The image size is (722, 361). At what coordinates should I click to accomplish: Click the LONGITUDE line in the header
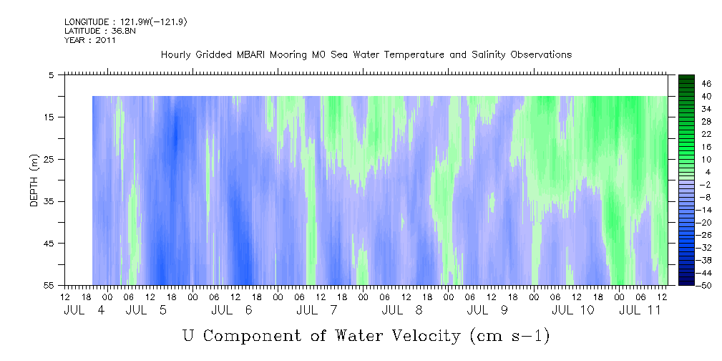point(126,22)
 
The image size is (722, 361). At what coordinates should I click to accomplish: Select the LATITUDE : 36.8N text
point(100,31)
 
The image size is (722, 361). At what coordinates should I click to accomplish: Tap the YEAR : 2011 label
point(90,40)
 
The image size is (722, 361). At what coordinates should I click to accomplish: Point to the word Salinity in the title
point(488,55)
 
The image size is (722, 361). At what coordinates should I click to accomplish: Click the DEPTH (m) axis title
point(34,180)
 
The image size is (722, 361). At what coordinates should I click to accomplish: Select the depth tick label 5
point(51,74)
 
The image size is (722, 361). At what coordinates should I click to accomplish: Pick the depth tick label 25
point(48,160)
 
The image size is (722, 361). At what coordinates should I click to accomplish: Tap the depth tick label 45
point(48,244)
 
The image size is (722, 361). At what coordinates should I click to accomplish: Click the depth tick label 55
point(48,285)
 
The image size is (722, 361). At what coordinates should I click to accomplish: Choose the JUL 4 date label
point(84,310)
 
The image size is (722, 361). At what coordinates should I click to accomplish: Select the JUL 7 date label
point(318,310)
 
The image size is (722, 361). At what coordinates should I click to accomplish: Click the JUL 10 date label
point(573,310)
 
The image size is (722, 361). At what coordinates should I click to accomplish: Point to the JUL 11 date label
point(640,310)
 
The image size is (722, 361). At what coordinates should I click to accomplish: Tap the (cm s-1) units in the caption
point(509,336)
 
